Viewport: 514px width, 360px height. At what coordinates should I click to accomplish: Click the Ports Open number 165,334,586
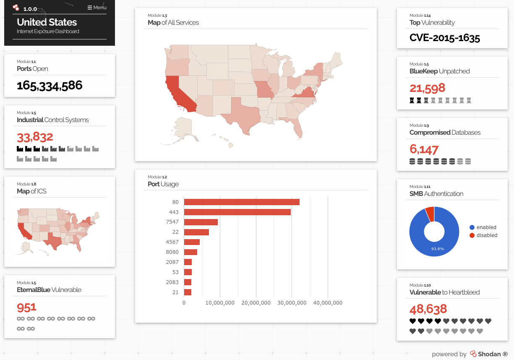(x=50, y=86)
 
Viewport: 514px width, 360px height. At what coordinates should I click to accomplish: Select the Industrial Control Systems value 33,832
(x=35, y=137)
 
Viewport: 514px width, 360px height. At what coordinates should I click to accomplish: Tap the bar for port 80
(x=242, y=202)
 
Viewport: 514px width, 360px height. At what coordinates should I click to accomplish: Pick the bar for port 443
(x=237, y=212)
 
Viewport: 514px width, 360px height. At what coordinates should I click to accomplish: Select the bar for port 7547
(x=201, y=222)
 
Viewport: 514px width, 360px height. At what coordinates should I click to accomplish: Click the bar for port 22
(x=196, y=232)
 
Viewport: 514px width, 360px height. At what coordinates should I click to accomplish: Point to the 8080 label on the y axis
(x=172, y=252)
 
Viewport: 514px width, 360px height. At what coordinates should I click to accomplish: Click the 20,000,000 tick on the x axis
(x=256, y=303)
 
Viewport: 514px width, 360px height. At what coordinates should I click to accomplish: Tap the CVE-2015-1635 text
(x=445, y=38)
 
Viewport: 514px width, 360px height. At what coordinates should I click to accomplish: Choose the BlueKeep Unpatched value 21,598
(x=427, y=88)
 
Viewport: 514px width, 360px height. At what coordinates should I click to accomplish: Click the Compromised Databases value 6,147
(x=424, y=149)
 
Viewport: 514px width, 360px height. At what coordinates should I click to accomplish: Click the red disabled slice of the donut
(x=430, y=213)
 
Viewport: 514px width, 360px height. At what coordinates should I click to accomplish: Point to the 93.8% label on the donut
(x=437, y=249)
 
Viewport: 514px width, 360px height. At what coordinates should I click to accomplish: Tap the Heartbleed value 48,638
(x=428, y=309)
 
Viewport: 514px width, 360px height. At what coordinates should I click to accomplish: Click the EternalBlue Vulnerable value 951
(x=26, y=308)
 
